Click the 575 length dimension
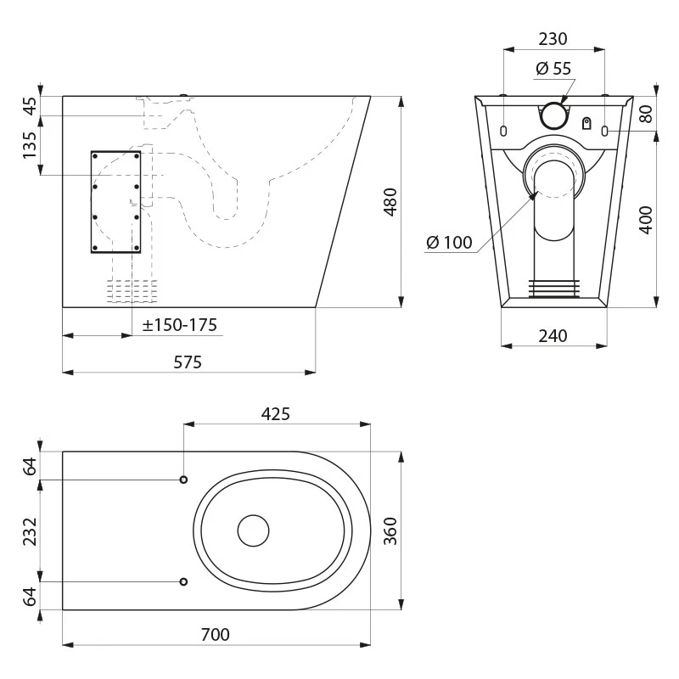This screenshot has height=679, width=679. (188, 362)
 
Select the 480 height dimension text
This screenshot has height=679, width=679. (390, 202)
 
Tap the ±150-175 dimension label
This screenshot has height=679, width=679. (180, 325)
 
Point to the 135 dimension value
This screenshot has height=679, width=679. (30, 145)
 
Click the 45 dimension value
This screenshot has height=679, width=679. (30, 106)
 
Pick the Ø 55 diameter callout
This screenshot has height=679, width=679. (553, 69)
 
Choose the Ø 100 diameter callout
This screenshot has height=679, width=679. (449, 242)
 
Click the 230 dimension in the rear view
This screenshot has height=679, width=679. (553, 39)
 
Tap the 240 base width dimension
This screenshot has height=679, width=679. (553, 335)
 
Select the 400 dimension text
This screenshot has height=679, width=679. (646, 221)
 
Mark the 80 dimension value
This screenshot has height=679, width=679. (646, 114)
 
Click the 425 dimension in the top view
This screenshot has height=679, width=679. (275, 414)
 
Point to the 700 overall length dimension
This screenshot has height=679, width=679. (216, 634)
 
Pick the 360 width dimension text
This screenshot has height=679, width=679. (390, 531)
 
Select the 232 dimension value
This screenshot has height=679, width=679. (30, 531)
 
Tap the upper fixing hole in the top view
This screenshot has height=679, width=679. (183, 480)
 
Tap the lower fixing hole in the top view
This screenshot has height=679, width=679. (183, 581)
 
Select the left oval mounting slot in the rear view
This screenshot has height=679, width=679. (503, 131)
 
